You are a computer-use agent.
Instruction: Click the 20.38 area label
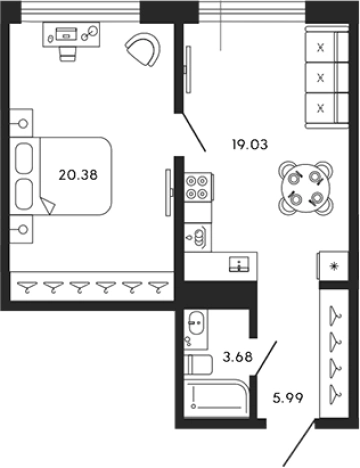click(78, 175)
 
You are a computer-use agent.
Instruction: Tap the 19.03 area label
click(250, 145)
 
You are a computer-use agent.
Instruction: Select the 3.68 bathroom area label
click(238, 357)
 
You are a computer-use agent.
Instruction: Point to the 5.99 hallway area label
click(288, 398)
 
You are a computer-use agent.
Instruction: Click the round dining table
click(306, 188)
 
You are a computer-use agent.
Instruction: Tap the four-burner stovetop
click(197, 187)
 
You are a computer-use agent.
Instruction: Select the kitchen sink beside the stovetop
click(198, 237)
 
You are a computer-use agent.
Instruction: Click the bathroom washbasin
click(196, 322)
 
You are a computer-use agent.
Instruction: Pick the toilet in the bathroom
click(199, 365)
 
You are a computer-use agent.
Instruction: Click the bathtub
click(217, 397)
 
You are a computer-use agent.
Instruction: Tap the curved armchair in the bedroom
click(143, 50)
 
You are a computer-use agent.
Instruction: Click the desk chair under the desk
click(68, 53)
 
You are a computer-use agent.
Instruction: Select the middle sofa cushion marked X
click(321, 78)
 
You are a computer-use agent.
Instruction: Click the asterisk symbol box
click(333, 266)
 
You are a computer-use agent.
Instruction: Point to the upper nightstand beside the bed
click(21, 123)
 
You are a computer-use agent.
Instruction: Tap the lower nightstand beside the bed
click(21, 229)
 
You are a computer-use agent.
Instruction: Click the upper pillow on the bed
click(24, 158)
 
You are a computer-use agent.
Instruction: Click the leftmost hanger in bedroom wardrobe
click(26, 287)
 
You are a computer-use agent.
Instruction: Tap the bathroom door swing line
click(265, 358)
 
